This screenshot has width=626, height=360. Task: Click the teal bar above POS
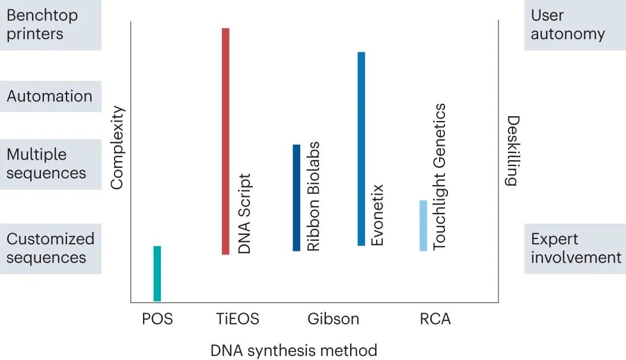tap(157, 273)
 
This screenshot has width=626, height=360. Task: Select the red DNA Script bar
tap(225, 141)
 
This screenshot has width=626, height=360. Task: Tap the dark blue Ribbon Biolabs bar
tap(296, 197)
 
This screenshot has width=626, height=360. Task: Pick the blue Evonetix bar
tap(361, 148)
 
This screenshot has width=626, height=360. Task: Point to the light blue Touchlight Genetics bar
tap(423, 225)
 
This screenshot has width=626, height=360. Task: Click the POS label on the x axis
tap(157, 319)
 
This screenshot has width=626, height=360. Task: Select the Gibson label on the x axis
tap(333, 319)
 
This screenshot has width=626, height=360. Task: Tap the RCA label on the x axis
tap(435, 319)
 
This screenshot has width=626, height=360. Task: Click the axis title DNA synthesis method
tap(294, 351)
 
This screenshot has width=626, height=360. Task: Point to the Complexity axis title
tap(117, 148)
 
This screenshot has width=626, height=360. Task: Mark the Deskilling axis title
tap(511, 151)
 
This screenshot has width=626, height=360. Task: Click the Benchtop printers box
tap(50, 25)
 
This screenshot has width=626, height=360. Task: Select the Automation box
tap(50, 96)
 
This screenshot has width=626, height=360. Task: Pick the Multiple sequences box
tap(50, 164)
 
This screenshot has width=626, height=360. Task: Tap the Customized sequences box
tap(50, 249)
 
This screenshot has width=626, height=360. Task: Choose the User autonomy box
tap(574, 25)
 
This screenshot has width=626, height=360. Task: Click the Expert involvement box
tap(574, 249)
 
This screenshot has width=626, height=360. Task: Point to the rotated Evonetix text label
tap(377, 215)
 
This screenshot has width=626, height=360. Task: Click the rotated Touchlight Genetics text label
tap(440, 177)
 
